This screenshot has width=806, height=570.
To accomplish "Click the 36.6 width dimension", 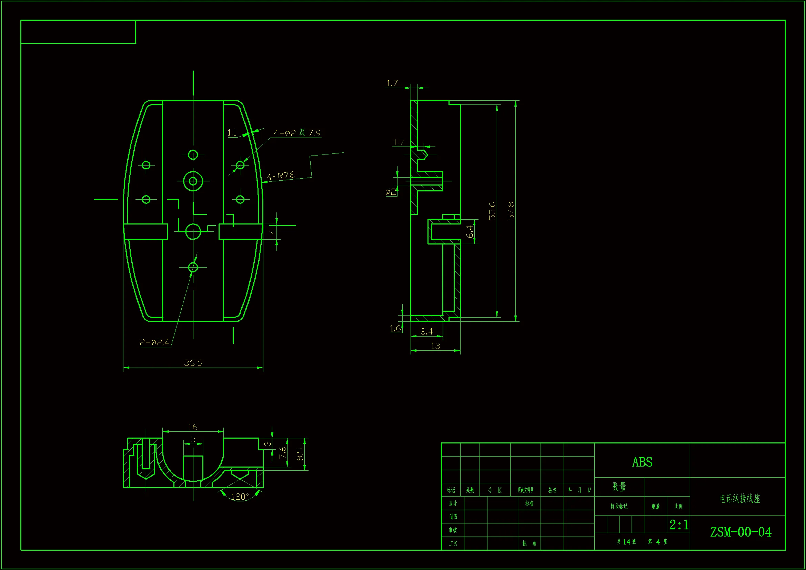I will tap(193, 363).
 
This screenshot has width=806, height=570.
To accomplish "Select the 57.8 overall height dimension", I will tap(511, 211).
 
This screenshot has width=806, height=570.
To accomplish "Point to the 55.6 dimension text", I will tap(492, 211).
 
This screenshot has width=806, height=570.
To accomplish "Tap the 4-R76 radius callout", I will tap(281, 176).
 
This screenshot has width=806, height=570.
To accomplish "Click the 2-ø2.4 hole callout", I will tap(154, 342).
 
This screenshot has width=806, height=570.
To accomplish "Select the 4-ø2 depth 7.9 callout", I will tap(297, 133).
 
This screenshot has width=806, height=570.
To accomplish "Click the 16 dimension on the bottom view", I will tap(193, 427).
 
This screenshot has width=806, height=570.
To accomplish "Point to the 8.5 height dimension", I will tap(300, 454).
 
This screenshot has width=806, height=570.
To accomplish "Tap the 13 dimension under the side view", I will tap(435, 346).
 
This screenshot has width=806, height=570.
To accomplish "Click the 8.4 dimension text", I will tap(426, 331).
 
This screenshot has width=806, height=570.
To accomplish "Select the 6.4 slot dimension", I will tap(469, 231).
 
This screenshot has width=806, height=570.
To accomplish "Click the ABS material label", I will tap(642, 462).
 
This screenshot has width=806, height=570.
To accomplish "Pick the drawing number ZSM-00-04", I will tap(741, 532).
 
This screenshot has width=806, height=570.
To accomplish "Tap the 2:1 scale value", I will tap(678, 525).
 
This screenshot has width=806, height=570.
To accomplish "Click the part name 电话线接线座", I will tap(739, 498).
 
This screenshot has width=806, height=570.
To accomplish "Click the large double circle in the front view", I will tap(193, 181).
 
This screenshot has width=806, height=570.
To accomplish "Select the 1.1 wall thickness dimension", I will tap(232, 133).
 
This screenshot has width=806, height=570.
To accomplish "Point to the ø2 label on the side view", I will tap(390, 192).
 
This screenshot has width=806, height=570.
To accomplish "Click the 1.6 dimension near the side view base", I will tap(395, 328).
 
